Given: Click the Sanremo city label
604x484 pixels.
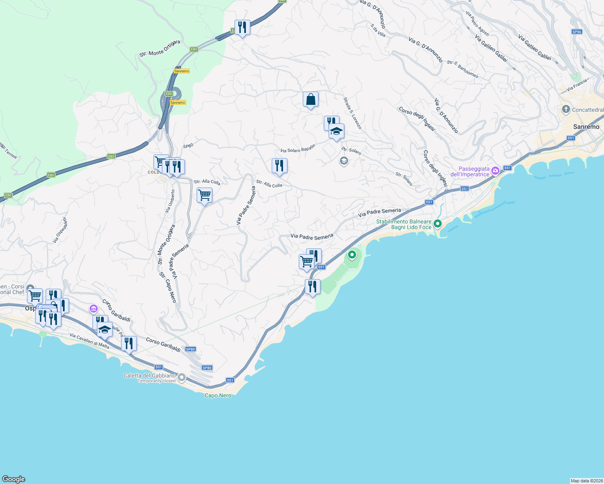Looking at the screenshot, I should click(x=586, y=127).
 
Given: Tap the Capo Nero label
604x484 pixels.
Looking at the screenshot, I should click(x=218, y=396).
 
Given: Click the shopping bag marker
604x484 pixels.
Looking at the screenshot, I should click(x=311, y=99).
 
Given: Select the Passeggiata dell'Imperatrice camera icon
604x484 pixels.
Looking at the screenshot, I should click(x=495, y=171).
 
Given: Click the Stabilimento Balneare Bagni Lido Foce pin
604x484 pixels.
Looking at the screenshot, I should click(x=437, y=223).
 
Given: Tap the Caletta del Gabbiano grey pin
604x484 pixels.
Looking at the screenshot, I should click(x=182, y=378).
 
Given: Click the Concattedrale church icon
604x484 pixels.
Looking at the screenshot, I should click(x=566, y=109).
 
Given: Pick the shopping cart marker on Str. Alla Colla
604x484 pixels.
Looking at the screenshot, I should click(x=205, y=196).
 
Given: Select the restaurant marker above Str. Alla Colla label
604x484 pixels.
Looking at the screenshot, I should click(x=279, y=166).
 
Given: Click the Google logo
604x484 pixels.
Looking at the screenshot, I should click(x=14, y=479).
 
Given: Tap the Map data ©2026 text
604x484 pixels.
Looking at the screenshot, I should click(x=587, y=481).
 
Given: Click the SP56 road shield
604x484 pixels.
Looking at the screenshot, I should click(x=577, y=32).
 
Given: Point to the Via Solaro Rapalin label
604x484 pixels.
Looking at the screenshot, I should click(x=298, y=149).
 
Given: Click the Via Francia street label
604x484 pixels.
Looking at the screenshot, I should click(x=577, y=85).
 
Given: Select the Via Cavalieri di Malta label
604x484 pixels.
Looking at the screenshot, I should click(x=89, y=340).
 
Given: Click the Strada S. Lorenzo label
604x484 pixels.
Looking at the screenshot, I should click(x=352, y=113).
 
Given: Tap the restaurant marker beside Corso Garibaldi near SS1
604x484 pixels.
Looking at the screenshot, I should click(x=129, y=344).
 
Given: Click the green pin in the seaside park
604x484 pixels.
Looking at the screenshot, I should click(x=352, y=255).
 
